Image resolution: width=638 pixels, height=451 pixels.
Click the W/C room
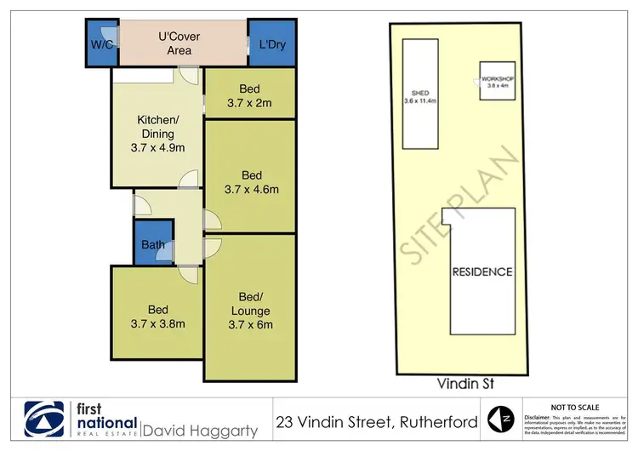point(100,43)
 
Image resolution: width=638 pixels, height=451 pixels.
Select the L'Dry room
point(271,43)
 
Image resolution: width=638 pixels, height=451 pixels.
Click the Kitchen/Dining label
point(157,134)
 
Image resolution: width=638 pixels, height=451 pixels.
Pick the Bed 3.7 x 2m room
point(249,96)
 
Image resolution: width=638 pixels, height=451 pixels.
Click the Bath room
point(153,245)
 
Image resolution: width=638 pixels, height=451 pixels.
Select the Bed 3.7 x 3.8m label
point(157,316)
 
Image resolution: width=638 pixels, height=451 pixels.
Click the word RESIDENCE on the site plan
point(482,272)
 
